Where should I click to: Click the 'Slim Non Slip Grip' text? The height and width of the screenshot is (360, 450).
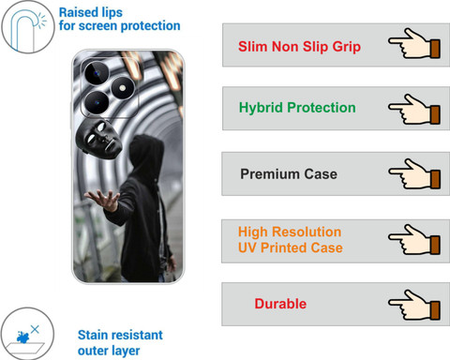pyautogui.click(x=299, y=47)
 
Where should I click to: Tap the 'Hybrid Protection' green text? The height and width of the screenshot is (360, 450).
pyautogui.click(x=297, y=108)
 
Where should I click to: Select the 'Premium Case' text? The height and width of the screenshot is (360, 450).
pyautogui.click(x=289, y=174)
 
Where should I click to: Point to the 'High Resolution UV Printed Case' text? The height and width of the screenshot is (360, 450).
pyautogui.click(x=291, y=240)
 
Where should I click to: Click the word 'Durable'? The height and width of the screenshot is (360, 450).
pyautogui.click(x=280, y=304)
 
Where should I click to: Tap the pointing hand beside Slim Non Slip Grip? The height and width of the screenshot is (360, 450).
pyautogui.click(x=414, y=43)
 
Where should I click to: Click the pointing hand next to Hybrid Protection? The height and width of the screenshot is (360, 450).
pyautogui.click(x=414, y=109)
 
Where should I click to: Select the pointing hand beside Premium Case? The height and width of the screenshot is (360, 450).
pyautogui.click(x=414, y=173)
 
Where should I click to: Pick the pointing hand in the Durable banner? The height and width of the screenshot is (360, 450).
pyautogui.click(x=414, y=305)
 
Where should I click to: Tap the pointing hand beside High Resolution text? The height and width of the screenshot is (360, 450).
pyautogui.click(x=414, y=239)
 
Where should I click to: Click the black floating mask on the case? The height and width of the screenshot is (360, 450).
pyautogui.click(x=98, y=139)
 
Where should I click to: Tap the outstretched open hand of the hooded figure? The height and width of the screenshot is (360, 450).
pyautogui.click(x=103, y=199)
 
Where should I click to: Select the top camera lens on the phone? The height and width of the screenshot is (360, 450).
pyautogui.click(x=97, y=73)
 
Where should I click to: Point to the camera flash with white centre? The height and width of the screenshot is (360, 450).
pyautogui.click(x=123, y=88)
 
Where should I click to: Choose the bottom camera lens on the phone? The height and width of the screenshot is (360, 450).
pyautogui.click(x=97, y=102)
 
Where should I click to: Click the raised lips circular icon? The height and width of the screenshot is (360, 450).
pyautogui.click(x=28, y=27)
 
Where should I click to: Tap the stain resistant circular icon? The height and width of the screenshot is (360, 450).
pyautogui.click(x=27, y=334)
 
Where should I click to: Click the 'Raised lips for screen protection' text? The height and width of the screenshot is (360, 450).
pyautogui.click(x=119, y=20)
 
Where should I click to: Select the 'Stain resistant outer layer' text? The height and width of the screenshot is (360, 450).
pyautogui.click(x=120, y=343)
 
